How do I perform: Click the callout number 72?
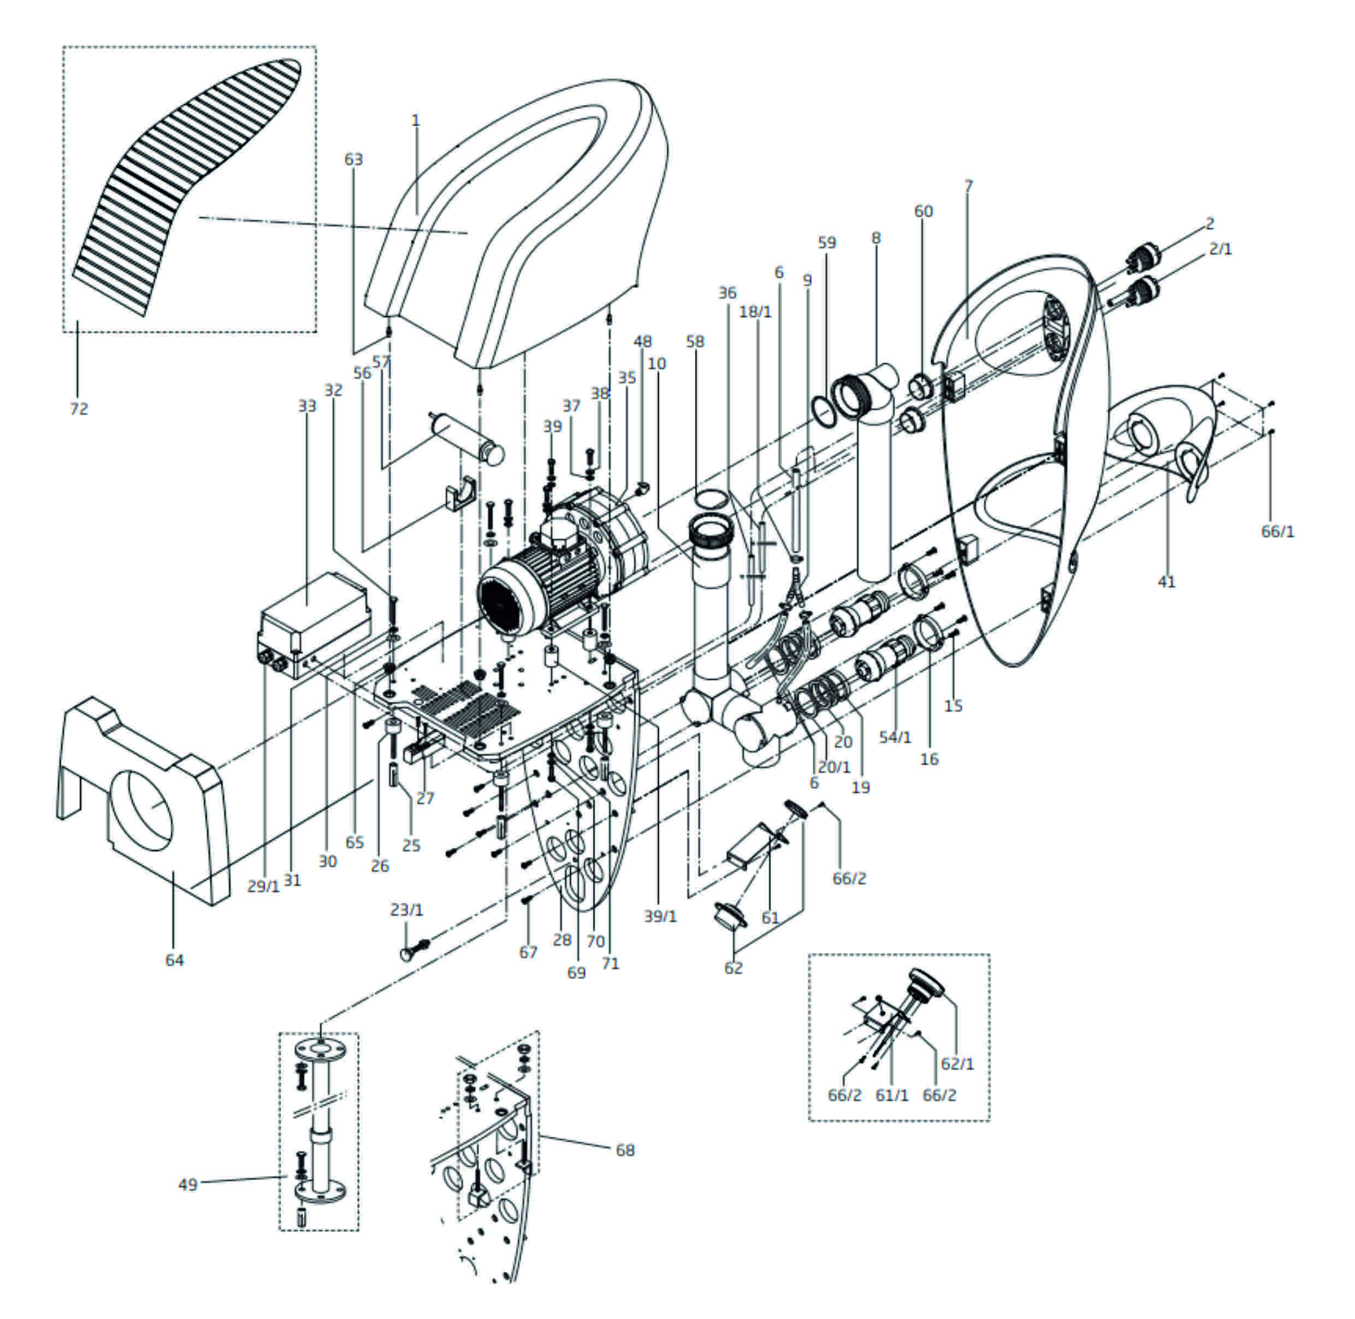click(79, 409)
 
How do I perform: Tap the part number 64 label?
click(174, 960)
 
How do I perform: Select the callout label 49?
click(188, 1185)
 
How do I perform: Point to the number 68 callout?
click(625, 1150)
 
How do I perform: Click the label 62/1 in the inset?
click(957, 1063)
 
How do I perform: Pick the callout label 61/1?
click(892, 1095)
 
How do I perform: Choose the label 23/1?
click(406, 910)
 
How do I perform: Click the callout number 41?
click(1167, 582)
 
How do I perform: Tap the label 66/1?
click(1277, 531)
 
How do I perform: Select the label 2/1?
click(1221, 249)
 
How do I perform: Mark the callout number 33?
click(307, 405)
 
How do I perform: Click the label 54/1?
click(896, 738)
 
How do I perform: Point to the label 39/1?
click(660, 916)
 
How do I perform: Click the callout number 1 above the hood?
click(416, 121)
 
